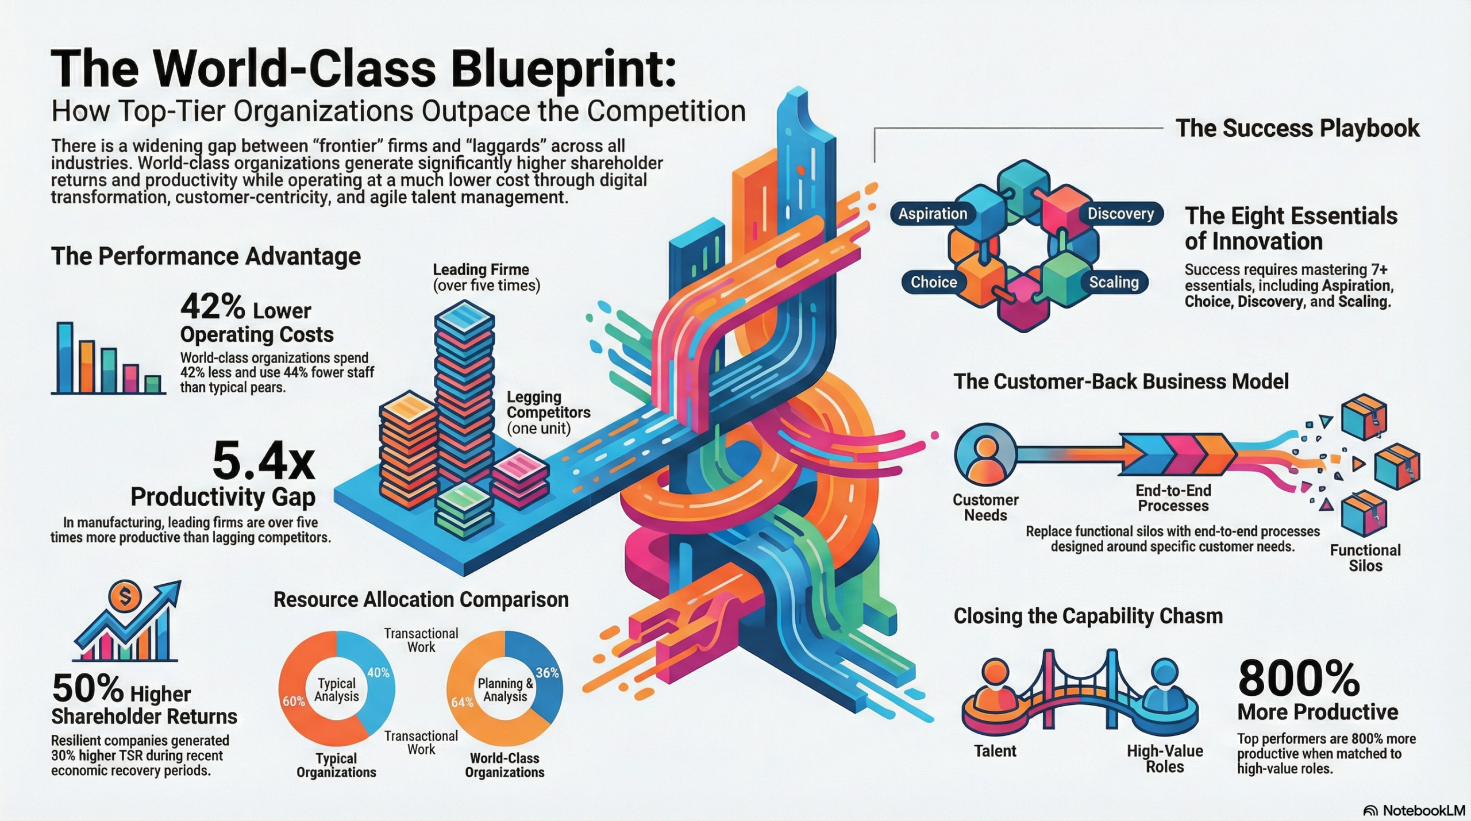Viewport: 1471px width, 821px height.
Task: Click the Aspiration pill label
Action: pyautogui.click(x=932, y=214)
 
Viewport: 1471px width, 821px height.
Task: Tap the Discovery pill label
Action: pyautogui.click(x=1120, y=214)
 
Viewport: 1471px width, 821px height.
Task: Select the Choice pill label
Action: pyautogui.click(x=933, y=282)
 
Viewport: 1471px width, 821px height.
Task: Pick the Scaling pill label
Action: pyautogui.click(x=1114, y=282)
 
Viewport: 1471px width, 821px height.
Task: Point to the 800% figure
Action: pyautogui.click(x=1299, y=679)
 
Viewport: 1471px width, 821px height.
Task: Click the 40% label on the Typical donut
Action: pyautogui.click(x=378, y=672)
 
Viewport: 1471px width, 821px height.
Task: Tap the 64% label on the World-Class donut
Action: pyautogui.click(x=462, y=702)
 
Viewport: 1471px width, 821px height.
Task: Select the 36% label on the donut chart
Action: pyautogui.click(x=547, y=672)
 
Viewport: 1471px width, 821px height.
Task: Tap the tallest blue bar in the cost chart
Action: pyautogui.click(x=65, y=357)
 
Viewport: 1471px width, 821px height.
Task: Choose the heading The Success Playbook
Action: pyautogui.click(x=1297, y=128)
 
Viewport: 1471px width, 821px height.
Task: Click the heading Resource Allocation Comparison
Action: pyautogui.click(x=421, y=599)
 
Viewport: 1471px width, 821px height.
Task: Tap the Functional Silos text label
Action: pyautogui.click(x=1365, y=558)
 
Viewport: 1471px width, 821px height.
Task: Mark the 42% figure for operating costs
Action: pyautogui.click(x=213, y=307)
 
